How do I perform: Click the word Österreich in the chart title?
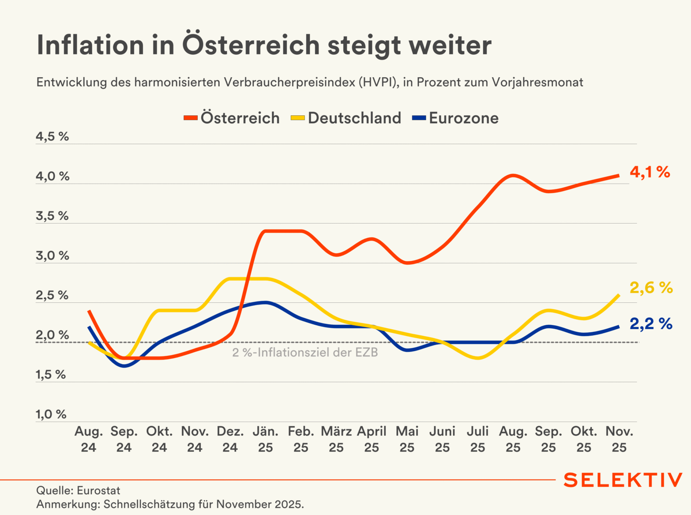coord(251,45)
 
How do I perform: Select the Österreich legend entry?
coord(232,118)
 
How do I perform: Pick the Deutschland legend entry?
coord(346,118)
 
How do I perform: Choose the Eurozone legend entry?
coord(456,118)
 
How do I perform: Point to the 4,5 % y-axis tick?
coord(52,137)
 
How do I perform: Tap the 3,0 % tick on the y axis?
coord(52,256)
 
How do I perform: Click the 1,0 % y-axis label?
coord(51,415)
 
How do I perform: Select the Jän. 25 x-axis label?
coord(266,439)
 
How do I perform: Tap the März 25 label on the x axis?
coord(336,439)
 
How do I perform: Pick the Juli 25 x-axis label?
coord(478,439)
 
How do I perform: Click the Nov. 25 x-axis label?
coord(619,439)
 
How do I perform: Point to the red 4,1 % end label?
coord(650,172)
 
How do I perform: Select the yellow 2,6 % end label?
coord(651,288)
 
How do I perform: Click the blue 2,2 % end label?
coord(651,324)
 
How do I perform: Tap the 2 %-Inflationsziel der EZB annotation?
coord(305,352)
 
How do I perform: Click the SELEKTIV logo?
coord(623,480)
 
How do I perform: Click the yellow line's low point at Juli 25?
coord(478,358)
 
